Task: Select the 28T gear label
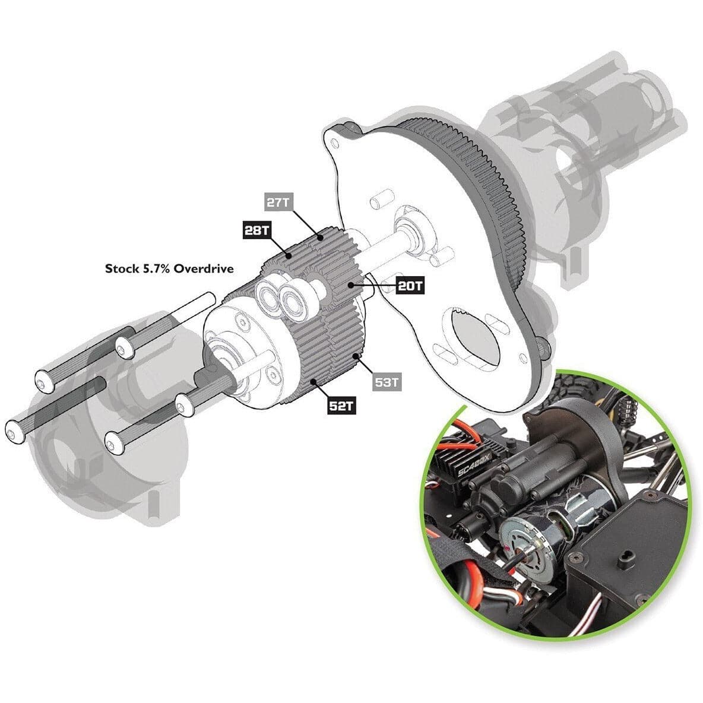(257, 230)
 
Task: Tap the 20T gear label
(410, 286)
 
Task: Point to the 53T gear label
(387, 382)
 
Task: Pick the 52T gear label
(341, 406)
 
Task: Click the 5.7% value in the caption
(157, 268)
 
